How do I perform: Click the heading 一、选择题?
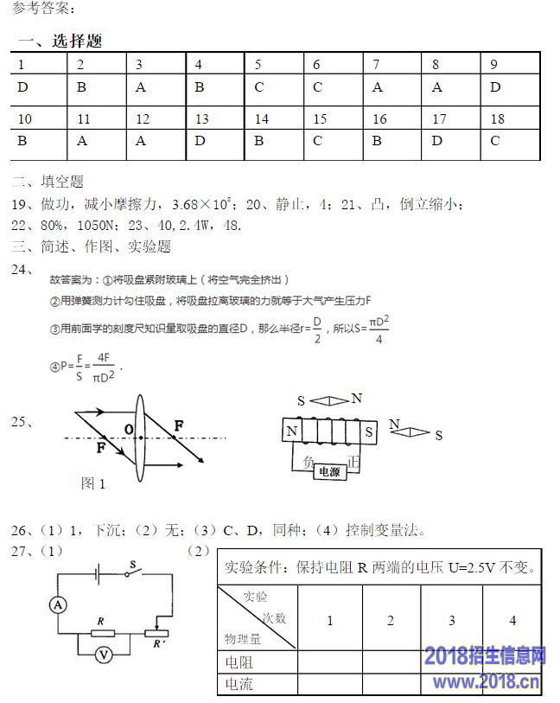[x=60, y=41]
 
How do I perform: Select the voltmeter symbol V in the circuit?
[x=103, y=655]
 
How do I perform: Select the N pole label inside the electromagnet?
[x=292, y=431]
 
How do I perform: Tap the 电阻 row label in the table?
[x=239, y=661]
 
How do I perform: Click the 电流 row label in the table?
[x=239, y=684]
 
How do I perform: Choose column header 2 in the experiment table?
[x=391, y=620]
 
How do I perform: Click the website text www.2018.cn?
[x=487, y=683]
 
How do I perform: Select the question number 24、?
[x=22, y=270]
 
